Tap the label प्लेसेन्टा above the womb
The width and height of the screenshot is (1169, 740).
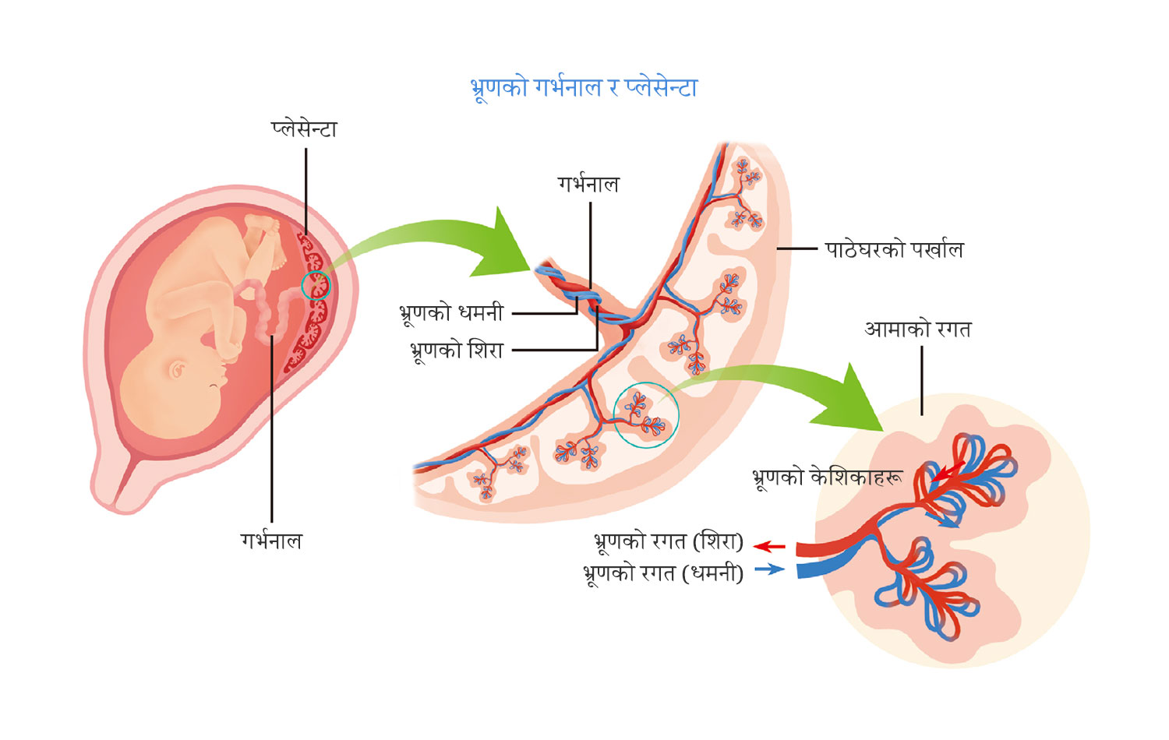pyautogui.click(x=304, y=129)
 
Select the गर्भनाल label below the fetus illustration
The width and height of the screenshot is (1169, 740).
pyautogui.click(x=270, y=541)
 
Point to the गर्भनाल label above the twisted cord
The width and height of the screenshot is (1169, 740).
pyautogui.click(x=588, y=185)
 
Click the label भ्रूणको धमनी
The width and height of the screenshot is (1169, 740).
pyautogui.click(x=451, y=312)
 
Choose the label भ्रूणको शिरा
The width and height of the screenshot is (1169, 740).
pyautogui.click(x=457, y=351)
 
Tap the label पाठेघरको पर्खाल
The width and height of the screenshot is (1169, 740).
pyautogui.click(x=894, y=249)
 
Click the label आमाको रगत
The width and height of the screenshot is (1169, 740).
pyautogui.click(x=917, y=329)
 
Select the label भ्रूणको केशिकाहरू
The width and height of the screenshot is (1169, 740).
pyautogui.click(x=827, y=477)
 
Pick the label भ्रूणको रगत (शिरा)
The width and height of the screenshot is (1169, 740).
pyautogui.click(x=668, y=541)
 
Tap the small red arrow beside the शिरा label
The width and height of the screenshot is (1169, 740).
pyautogui.click(x=769, y=546)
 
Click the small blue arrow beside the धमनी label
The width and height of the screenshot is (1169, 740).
pyautogui.click(x=769, y=569)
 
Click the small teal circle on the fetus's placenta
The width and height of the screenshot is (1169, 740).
pyautogui.click(x=316, y=286)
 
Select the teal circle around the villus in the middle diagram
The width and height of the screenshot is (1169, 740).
pyautogui.click(x=646, y=415)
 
